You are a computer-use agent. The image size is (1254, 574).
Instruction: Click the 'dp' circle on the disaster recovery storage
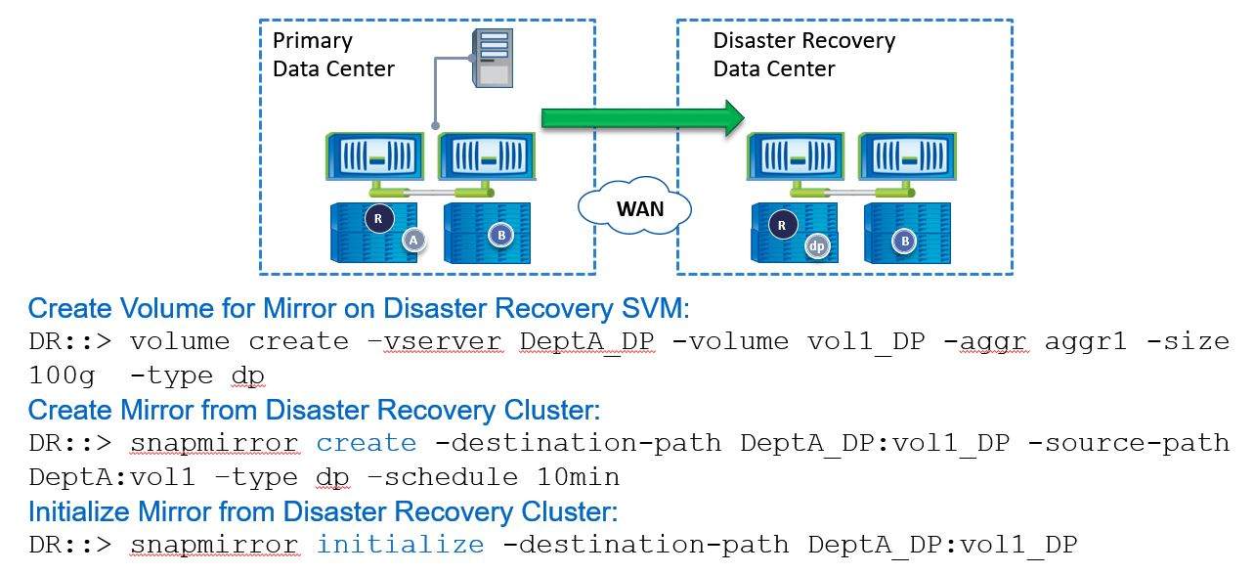click(817, 246)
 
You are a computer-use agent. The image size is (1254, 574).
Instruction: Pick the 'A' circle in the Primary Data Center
click(412, 239)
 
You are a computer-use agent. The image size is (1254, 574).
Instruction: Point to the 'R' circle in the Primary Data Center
click(378, 218)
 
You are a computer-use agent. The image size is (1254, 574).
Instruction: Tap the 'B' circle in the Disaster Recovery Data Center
click(905, 240)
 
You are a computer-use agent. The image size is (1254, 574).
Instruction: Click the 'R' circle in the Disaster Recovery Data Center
click(781, 225)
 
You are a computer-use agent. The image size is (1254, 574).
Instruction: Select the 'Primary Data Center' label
click(333, 55)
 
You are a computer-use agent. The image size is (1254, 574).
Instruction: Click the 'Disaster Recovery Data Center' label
click(803, 55)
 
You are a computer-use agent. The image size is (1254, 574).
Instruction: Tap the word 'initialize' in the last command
click(400, 545)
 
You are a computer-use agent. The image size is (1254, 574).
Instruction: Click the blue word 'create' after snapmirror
click(367, 443)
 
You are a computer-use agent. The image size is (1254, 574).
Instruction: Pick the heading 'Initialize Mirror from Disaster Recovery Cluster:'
click(323, 511)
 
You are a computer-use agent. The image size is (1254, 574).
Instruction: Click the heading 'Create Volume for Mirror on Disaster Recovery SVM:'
click(359, 309)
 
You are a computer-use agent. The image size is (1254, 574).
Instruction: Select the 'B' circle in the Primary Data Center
click(500, 235)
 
